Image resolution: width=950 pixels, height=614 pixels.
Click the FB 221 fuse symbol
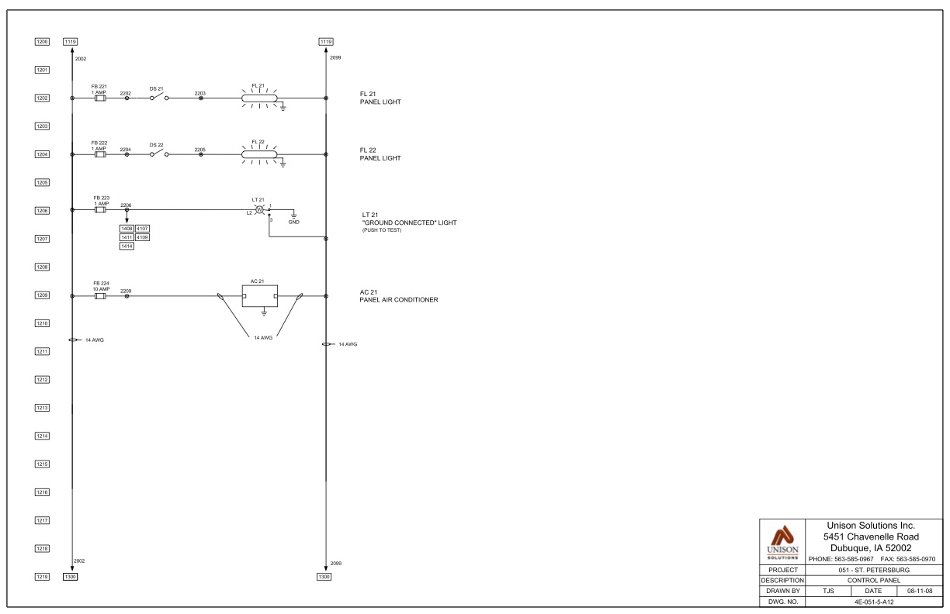tap(99, 98)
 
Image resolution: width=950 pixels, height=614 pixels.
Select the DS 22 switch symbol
tap(156, 153)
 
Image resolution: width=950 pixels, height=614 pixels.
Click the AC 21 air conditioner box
tap(259, 295)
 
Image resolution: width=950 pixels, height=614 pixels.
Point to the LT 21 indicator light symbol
tap(259, 210)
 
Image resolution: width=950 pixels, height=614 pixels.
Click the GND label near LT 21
tap(293, 222)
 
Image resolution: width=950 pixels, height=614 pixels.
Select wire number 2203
tap(200, 93)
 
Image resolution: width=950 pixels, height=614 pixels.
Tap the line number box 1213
tap(43, 408)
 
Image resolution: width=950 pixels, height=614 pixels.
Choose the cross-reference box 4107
tap(142, 229)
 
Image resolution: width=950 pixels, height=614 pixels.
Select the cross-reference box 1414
tap(127, 246)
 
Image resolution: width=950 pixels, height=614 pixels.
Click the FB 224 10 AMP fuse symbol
tap(99, 295)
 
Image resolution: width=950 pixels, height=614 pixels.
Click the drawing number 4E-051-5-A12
tap(851, 599)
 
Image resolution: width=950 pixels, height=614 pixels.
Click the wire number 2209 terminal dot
tap(127, 295)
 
